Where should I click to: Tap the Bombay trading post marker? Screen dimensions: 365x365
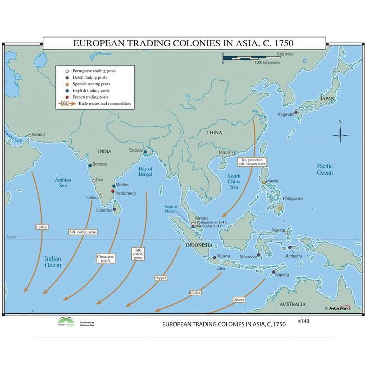90,166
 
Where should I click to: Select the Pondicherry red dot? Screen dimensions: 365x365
113,191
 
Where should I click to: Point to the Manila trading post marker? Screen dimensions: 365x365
264,182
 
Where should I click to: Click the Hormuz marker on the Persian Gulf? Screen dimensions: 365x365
30,136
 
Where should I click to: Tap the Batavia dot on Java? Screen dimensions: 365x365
215,257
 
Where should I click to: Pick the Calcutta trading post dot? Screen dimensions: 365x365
145,152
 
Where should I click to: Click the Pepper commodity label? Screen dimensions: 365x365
161,278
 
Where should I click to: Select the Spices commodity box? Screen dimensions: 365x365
239,300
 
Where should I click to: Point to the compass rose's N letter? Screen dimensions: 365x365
340,122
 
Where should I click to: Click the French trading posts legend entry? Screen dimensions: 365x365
90,97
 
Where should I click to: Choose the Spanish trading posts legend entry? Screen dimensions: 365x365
91,84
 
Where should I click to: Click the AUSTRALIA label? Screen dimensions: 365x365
292,304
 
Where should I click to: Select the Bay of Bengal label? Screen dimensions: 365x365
145,171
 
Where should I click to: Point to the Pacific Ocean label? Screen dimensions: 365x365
325,169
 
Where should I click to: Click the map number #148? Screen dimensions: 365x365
303,321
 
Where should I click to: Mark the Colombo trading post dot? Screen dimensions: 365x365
114,209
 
